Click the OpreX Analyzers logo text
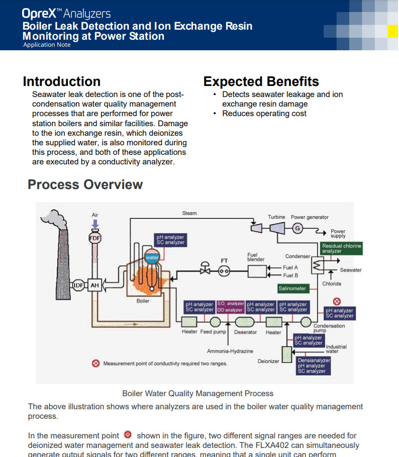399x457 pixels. coord(66,14)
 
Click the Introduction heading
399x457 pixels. coord(61,81)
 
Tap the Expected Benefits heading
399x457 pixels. coord(261,81)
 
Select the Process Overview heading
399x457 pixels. coord(85,185)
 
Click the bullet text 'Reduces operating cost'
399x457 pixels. coord(264,114)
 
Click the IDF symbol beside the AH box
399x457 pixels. coord(78,286)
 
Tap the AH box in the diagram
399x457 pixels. coord(94,286)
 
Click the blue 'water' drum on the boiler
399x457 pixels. coord(152,258)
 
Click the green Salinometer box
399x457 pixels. coord(292,289)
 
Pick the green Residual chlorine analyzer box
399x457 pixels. coord(341,248)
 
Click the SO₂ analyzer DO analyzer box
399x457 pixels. coord(230,307)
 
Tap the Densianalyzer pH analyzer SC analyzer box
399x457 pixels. coord(314,366)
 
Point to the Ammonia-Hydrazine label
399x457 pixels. coord(230,351)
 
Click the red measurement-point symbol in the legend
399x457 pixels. coord(95,363)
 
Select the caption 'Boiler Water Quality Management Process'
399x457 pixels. coord(197,393)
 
